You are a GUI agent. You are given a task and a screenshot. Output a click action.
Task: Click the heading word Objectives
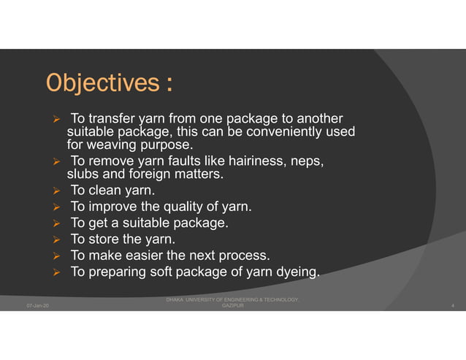tap(101, 83)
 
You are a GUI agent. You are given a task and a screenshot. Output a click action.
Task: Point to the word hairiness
tap(260, 161)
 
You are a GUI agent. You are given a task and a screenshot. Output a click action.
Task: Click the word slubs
tap(83, 175)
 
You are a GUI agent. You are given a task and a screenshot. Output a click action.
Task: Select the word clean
tap(106, 191)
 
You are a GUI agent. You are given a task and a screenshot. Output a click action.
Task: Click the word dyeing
tap(298, 272)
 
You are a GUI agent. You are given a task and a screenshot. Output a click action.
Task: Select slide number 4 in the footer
tap(454, 306)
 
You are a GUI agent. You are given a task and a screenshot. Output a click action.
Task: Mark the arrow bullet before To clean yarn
tap(55, 192)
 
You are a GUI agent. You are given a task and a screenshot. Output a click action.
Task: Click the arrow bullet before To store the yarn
tap(55, 240)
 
